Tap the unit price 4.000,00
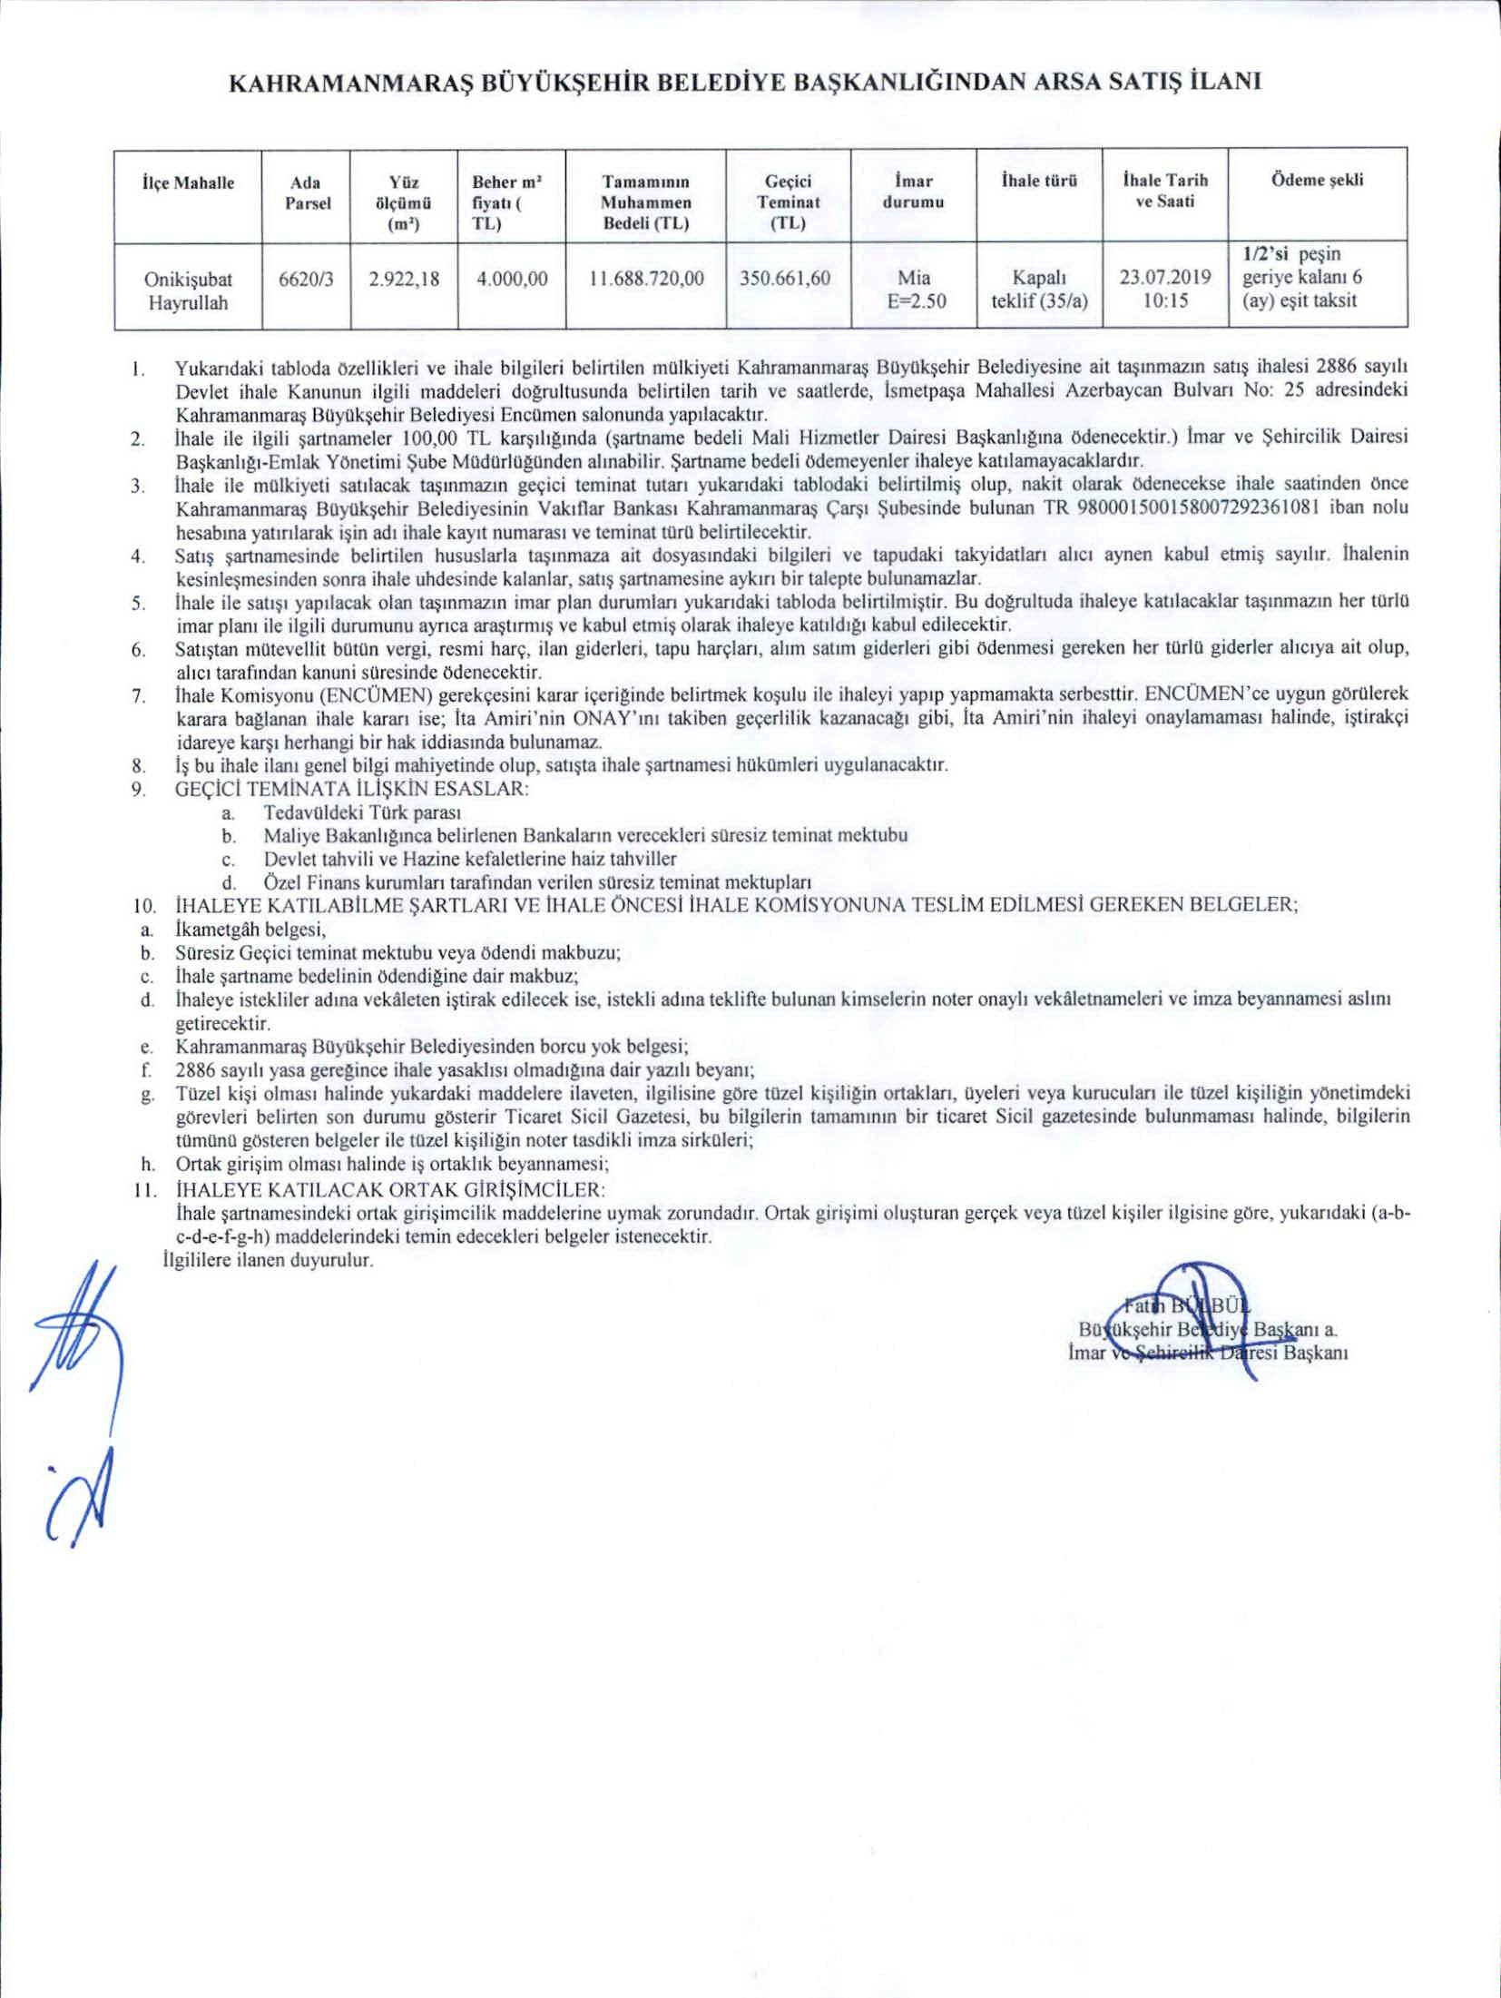point(512,279)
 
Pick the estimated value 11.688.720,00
point(646,279)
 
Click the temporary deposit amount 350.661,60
point(785,279)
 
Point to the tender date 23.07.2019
point(1163,279)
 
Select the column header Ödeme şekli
point(1318,180)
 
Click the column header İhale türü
point(1038,180)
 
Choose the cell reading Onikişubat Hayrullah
point(188,290)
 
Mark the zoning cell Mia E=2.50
point(913,290)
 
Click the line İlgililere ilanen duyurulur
point(268,1261)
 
